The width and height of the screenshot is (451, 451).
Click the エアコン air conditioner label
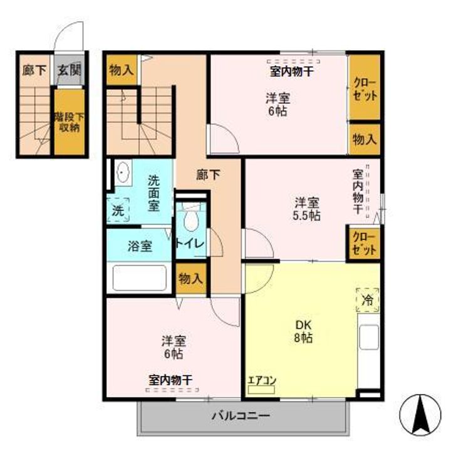262,380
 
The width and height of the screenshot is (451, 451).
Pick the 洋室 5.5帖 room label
308,209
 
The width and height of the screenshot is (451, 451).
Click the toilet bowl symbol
190,219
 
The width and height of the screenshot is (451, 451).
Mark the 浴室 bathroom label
139,246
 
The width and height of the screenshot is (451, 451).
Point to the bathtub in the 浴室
138,277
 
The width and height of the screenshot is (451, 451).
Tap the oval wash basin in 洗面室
122,172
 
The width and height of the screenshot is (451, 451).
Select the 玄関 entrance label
70,70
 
